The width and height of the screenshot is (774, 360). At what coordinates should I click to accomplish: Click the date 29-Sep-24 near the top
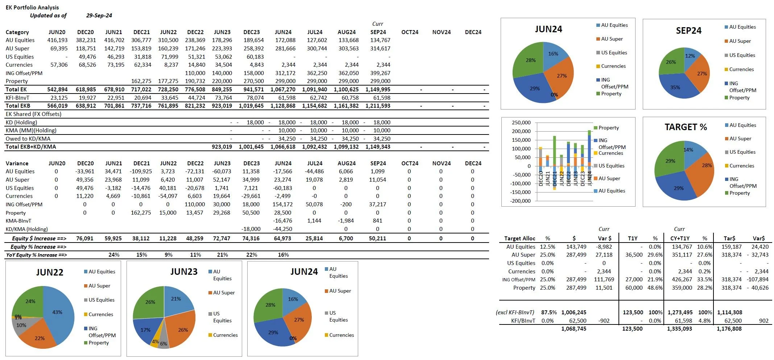(99, 16)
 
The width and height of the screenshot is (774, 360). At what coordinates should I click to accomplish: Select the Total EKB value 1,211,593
(378, 106)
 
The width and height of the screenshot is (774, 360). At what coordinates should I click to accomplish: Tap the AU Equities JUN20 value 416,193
(57, 40)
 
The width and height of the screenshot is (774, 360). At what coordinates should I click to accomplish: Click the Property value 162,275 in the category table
(141, 81)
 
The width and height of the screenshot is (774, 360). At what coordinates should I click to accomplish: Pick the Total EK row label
(16, 90)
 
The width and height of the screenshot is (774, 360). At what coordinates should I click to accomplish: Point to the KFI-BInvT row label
(17, 98)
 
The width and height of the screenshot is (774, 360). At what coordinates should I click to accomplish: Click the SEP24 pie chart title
(688, 31)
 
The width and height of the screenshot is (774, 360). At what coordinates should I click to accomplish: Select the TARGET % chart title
(686, 127)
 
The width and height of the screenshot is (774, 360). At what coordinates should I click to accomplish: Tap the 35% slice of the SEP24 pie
(675, 87)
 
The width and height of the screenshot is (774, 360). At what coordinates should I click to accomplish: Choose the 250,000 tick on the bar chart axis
(521, 123)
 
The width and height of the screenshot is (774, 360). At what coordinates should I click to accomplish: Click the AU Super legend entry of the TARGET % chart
(740, 138)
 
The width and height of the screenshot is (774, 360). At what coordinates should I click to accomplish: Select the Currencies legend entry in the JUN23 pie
(225, 335)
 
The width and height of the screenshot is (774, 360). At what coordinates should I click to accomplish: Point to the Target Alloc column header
(520, 239)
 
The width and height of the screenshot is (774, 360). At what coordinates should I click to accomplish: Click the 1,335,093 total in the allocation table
(679, 329)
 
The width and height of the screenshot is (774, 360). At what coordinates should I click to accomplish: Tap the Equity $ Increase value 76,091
(84, 239)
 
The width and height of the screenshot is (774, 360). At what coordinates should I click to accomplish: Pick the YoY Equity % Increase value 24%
(114, 255)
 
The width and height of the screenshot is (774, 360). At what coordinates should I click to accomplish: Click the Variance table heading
(17, 164)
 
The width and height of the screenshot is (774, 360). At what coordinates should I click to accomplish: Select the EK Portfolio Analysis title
(32, 7)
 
